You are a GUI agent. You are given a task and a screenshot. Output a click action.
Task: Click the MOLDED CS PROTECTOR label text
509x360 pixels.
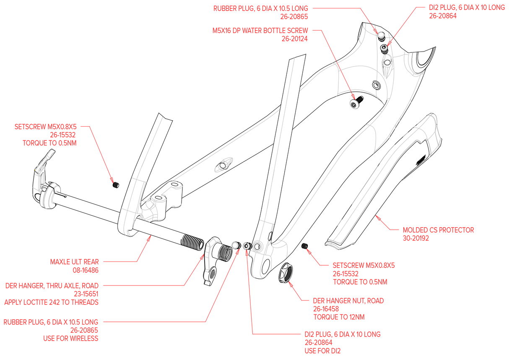[438, 230]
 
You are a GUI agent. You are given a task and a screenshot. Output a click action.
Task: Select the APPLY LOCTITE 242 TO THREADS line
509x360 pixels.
[51, 302]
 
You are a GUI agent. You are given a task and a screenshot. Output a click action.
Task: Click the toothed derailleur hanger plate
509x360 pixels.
[210, 260]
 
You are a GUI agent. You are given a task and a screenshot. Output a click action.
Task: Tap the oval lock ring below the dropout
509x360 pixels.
[288, 274]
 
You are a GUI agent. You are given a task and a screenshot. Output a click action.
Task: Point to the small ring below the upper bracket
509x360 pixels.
[353, 104]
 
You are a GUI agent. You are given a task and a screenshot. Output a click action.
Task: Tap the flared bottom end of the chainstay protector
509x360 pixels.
[340, 243]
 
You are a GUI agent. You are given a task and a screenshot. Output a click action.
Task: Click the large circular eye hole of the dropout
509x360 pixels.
[258, 246]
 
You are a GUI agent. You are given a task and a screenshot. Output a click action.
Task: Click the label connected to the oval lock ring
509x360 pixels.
[348, 308]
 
